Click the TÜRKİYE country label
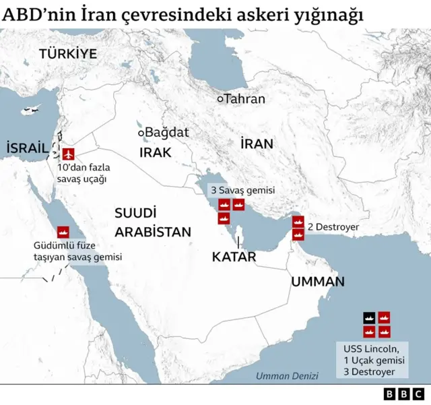point(67,54)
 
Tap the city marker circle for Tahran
point(220,99)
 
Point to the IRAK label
point(156,152)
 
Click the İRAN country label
point(257,144)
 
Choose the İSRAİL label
point(26,148)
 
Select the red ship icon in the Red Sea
point(63,231)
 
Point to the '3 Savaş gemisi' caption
point(242,191)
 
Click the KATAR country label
point(234,257)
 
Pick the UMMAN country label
point(318,282)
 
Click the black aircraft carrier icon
point(370,317)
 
